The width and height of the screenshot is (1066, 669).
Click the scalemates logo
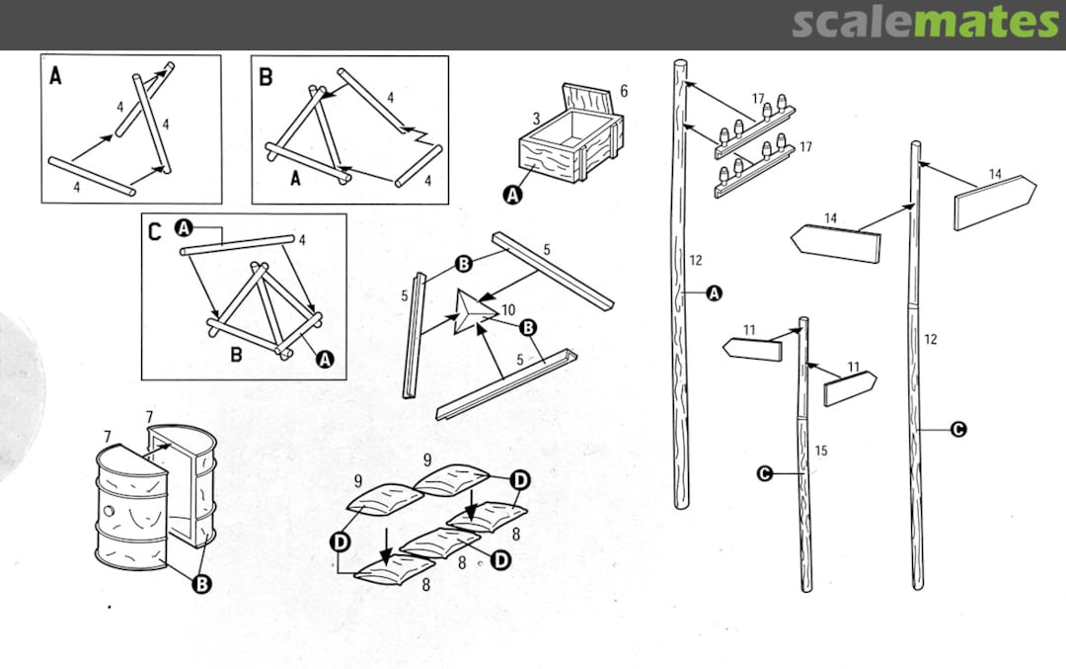925,22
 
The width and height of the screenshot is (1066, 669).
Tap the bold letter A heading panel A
55,75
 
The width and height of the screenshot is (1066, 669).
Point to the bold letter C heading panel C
155,233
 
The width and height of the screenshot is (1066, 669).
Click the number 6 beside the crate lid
624,92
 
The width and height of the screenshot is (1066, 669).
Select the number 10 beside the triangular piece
508,310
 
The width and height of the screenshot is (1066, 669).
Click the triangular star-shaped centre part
472,313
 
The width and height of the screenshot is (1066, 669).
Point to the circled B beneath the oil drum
202,584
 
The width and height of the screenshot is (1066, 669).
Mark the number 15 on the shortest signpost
820,451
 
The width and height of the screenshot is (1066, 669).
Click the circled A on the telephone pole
715,293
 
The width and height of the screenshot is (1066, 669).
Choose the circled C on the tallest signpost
957,429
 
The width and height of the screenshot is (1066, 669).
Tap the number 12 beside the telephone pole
696,261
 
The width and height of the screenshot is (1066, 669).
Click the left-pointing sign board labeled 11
752,348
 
